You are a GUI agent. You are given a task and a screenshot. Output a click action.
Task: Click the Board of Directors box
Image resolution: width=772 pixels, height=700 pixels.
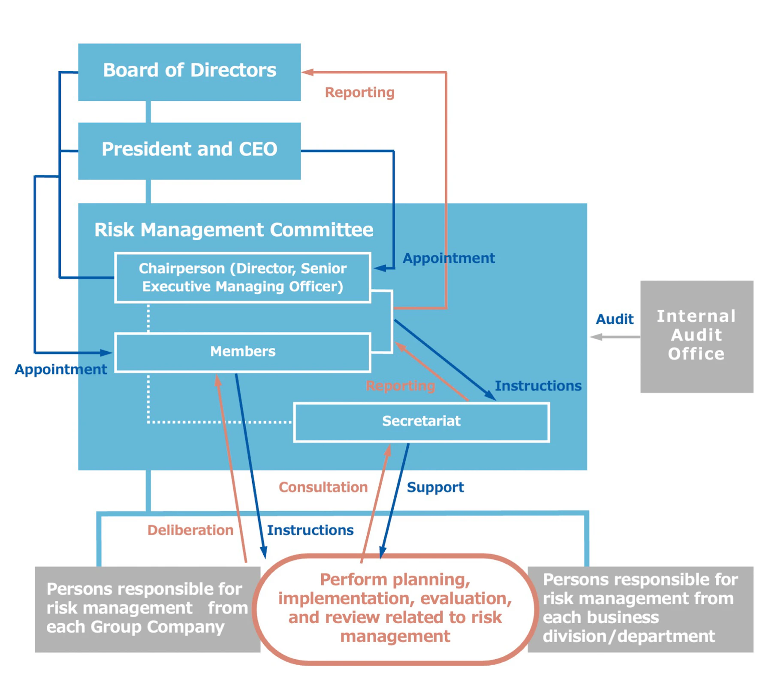pyautogui.click(x=189, y=72)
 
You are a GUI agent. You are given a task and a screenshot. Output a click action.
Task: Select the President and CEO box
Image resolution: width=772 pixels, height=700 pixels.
pyautogui.click(x=189, y=151)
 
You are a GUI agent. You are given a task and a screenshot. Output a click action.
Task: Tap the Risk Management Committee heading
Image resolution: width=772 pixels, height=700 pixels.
pyautogui.click(x=233, y=229)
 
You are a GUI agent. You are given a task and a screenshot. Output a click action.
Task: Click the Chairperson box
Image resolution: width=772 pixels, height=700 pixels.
pyautogui.click(x=242, y=277)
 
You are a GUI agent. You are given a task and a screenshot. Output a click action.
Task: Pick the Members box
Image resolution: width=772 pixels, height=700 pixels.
pyautogui.click(x=242, y=351)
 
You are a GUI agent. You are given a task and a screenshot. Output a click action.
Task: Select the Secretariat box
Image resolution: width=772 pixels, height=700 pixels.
pyautogui.click(x=421, y=421)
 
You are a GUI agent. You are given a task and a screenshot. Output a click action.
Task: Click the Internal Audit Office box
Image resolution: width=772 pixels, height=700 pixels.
pyautogui.click(x=696, y=336)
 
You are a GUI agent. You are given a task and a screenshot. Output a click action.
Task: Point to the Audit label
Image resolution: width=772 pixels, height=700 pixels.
pyautogui.click(x=614, y=319)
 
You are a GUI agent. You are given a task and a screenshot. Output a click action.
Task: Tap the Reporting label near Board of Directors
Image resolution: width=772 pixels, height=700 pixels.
pyautogui.click(x=359, y=92)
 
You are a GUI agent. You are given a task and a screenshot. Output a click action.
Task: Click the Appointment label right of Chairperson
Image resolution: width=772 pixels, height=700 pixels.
pyautogui.click(x=448, y=258)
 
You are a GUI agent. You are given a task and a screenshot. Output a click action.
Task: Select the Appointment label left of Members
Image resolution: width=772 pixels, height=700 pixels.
pyautogui.click(x=60, y=369)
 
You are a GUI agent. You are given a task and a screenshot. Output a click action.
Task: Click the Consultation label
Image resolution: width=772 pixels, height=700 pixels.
pyautogui.click(x=323, y=487)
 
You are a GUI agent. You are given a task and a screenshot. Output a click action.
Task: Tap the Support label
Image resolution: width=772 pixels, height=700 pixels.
pyautogui.click(x=435, y=487)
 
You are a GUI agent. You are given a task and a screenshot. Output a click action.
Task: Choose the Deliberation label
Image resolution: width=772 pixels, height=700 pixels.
pyautogui.click(x=190, y=530)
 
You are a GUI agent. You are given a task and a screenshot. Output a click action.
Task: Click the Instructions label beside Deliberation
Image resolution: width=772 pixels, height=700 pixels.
pyautogui.click(x=310, y=530)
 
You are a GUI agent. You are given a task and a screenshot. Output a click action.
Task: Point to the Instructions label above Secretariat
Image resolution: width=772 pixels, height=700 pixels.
pyautogui.click(x=538, y=385)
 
